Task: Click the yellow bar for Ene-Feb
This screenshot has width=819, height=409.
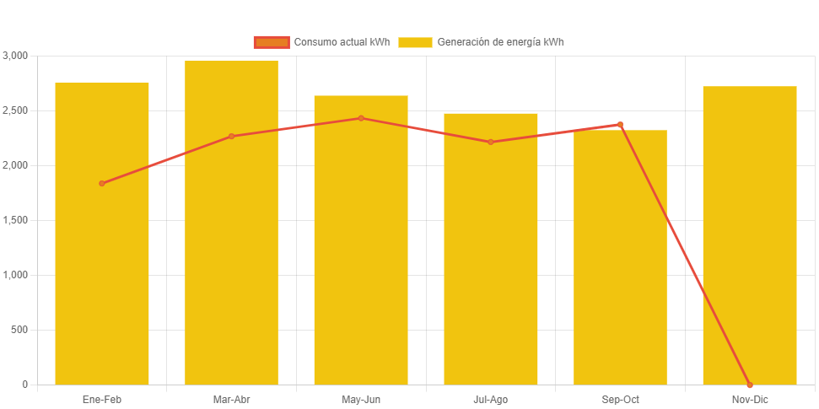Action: tap(102, 253)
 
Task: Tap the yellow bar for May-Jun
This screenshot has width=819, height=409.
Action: tap(361, 253)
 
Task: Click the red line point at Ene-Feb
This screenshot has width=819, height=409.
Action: tap(102, 183)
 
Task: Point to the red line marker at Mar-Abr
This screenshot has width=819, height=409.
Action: tap(231, 136)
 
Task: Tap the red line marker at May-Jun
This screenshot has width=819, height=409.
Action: tap(361, 118)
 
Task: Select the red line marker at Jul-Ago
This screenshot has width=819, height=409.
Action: tap(491, 142)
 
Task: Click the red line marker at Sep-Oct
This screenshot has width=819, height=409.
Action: tap(620, 124)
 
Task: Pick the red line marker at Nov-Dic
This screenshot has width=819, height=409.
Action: tap(750, 385)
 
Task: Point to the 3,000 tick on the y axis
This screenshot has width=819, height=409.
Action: tap(15, 56)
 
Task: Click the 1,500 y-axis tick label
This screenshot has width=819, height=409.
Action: tap(15, 220)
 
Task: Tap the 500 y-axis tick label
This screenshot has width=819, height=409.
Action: tap(19, 330)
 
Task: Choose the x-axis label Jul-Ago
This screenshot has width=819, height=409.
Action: tap(491, 399)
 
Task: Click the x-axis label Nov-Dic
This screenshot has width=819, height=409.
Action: tap(750, 399)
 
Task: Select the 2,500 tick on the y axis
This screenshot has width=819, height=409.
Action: tap(15, 110)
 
